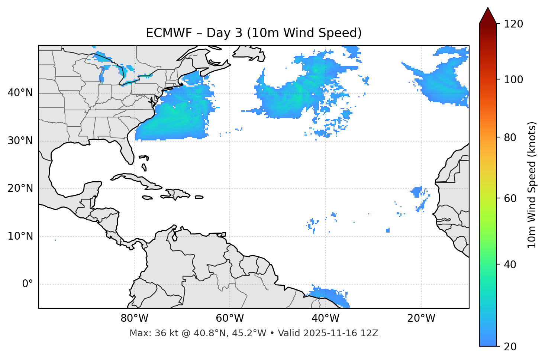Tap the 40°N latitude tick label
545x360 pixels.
(x=20, y=93)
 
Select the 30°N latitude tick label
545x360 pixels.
(x=20, y=141)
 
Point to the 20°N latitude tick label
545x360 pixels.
(x=20, y=189)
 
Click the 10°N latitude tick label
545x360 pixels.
(x=20, y=236)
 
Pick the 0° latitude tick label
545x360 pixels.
(x=28, y=284)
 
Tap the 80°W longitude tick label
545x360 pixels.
(x=134, y=318)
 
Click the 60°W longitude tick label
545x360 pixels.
(x=230, y=318)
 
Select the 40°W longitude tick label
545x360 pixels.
(x=325, y=318)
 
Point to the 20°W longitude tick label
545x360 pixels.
(x=421, y=318)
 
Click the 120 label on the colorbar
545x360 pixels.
(x=513, y=24)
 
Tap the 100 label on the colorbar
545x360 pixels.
(x=513, y=80)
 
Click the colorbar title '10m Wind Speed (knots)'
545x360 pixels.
(x=532, y=185)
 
